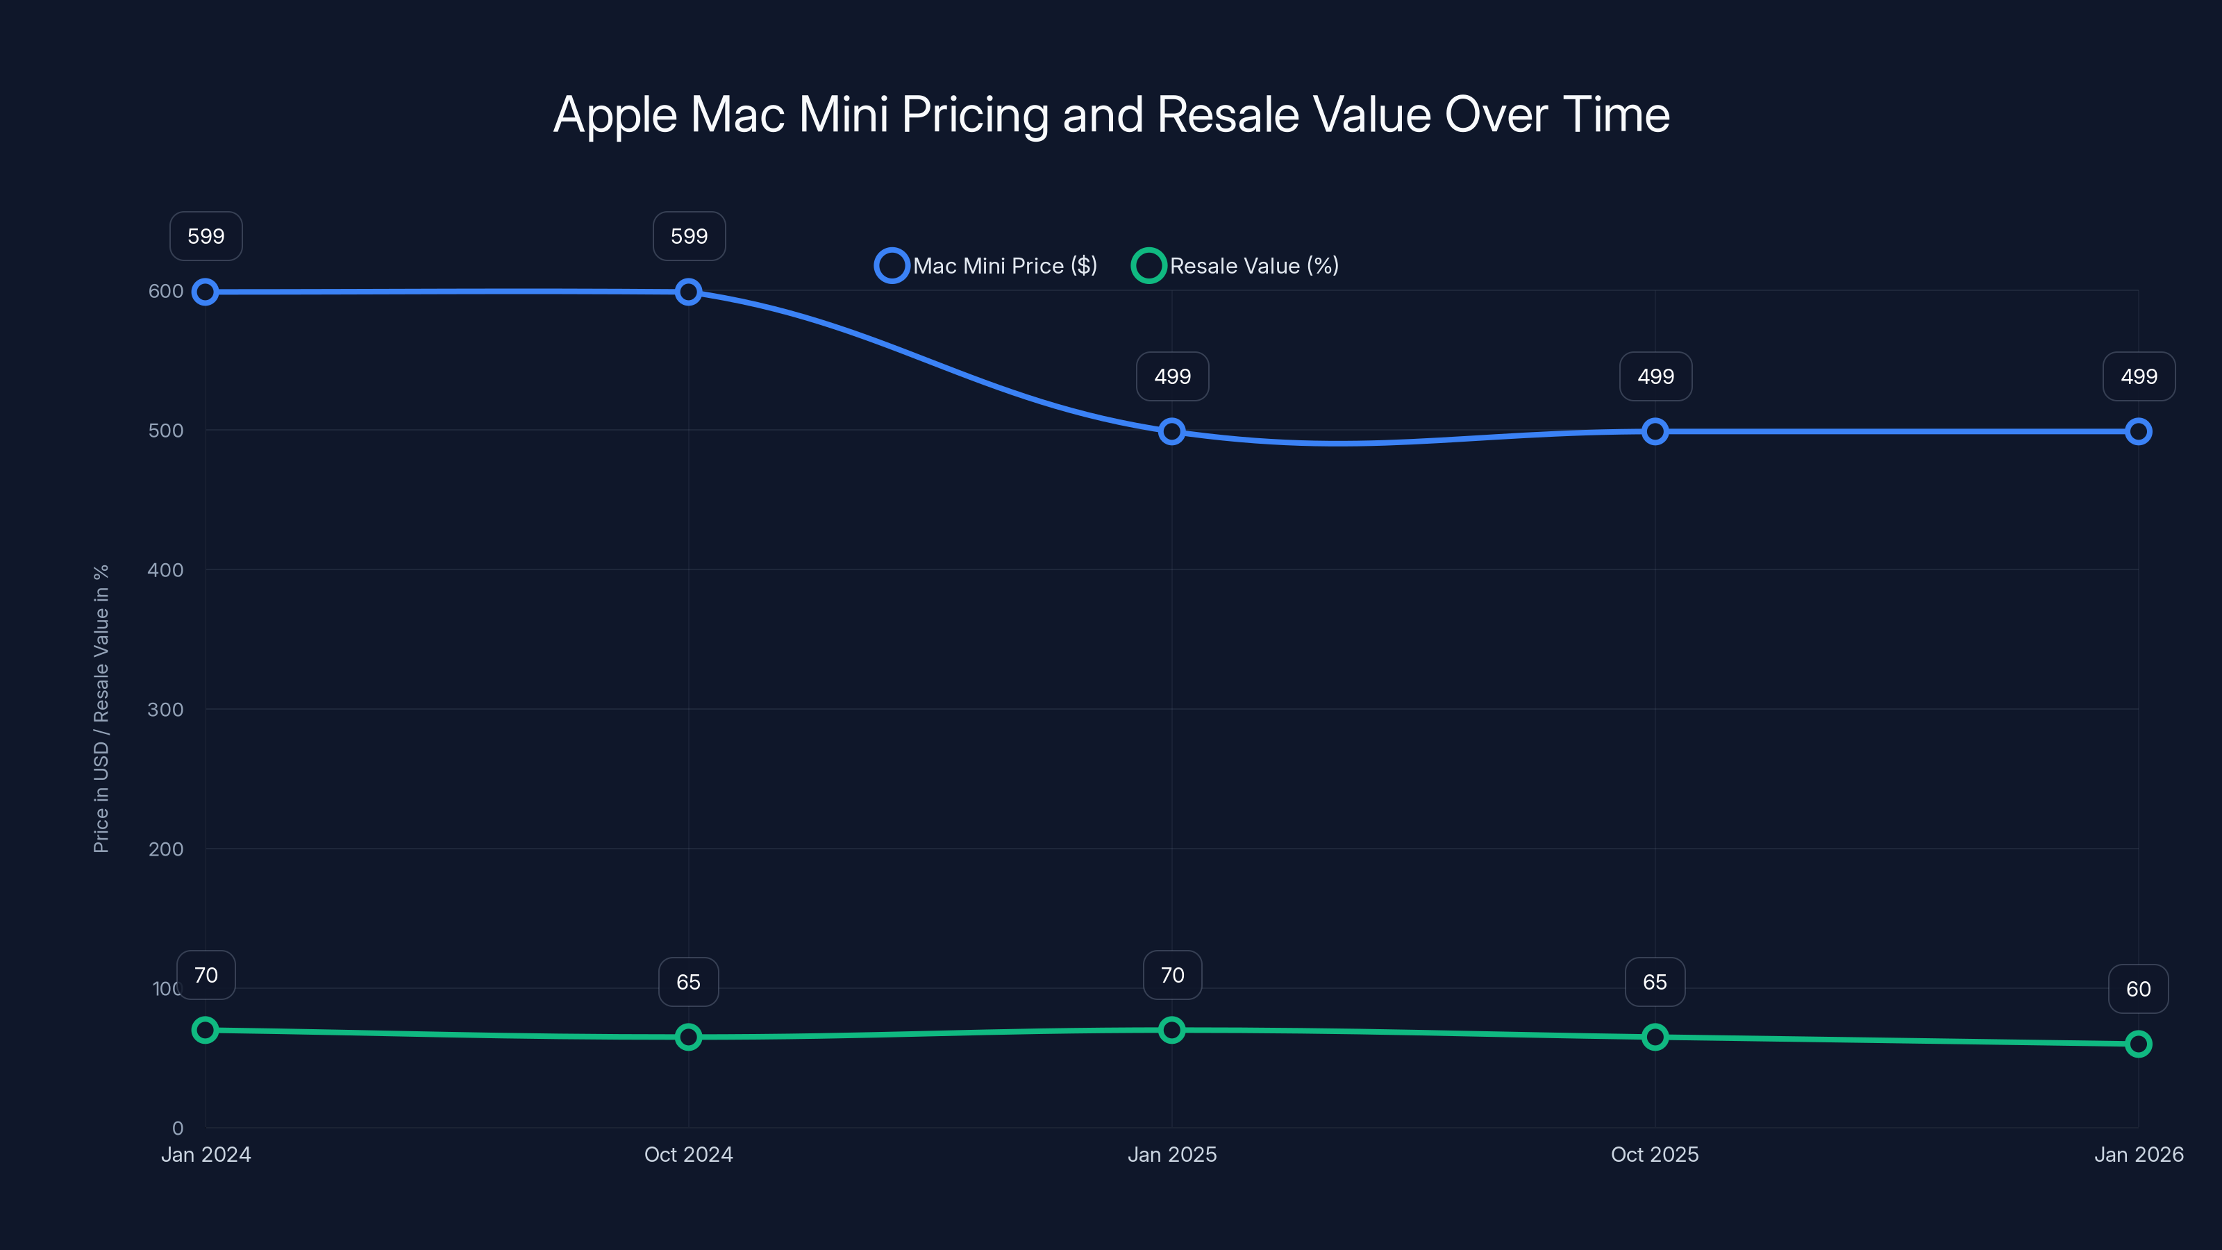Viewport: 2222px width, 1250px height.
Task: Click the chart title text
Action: (x=1111, y=115)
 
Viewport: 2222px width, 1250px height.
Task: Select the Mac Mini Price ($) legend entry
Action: (x=987, y=266)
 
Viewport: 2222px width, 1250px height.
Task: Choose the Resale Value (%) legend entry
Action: (x=1235, y=266)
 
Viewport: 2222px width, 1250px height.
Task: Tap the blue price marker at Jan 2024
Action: (x=206, y=292)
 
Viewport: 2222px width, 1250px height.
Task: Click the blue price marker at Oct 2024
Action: (x=688, y=292)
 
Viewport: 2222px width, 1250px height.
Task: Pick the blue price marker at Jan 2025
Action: (x=1171, y=431)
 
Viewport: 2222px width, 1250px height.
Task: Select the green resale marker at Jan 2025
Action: (x=1171, y=1030)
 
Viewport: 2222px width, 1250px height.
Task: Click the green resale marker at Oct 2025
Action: (x=1655, y=1037)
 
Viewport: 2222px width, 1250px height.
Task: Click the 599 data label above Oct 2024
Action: (x=690, y=236)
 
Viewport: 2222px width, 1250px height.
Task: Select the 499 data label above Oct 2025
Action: (x=1655, y=377)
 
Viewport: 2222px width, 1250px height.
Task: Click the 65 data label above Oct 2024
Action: (x=688, y=983)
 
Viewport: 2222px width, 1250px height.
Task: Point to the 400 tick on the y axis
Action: (x=166, y=570)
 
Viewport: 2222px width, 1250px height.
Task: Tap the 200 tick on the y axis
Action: (x=166, y=849)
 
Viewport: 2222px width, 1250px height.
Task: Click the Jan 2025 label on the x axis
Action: (x=1171, y=1154)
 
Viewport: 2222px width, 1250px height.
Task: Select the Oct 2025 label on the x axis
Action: (x=1655, y=1154)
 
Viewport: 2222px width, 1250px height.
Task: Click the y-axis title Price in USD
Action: (x=101, y=709)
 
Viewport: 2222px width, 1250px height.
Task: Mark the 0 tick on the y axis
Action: (x=178, y=1128)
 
